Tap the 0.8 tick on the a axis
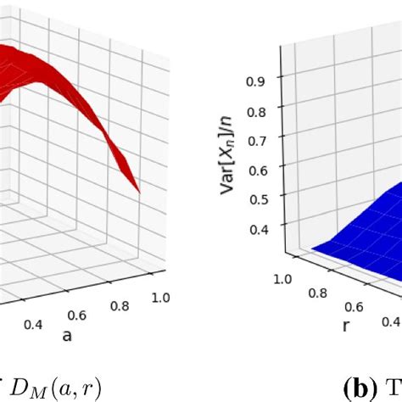click(x=120, y=306)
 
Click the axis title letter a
click(x=66, y=337)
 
